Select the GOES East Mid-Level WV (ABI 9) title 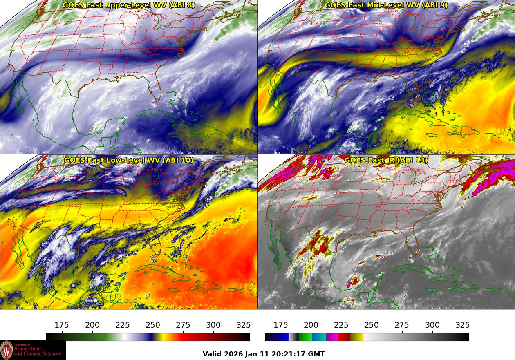[x=386, y=5]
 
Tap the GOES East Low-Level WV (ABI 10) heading [x=129, y=160]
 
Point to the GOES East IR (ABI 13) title [x=386, y=160]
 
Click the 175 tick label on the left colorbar [x=62, y=325]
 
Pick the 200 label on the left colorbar [x=92, y=325]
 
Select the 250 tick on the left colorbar [x=153, y=325]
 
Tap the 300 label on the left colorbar [x=213, y=325]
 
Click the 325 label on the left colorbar [x=244, y=325]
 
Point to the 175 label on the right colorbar [x=281, y=325]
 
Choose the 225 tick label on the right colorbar [x=341, y=325]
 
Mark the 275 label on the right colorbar [x=402, y=325]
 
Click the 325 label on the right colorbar [x=462, y=325]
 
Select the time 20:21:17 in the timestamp [x=291, y=354]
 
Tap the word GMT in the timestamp [x=317, y=354]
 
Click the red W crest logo [x=7, y=350]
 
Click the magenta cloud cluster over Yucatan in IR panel [x=353, y=282]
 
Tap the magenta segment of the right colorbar [x=332, y=337]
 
